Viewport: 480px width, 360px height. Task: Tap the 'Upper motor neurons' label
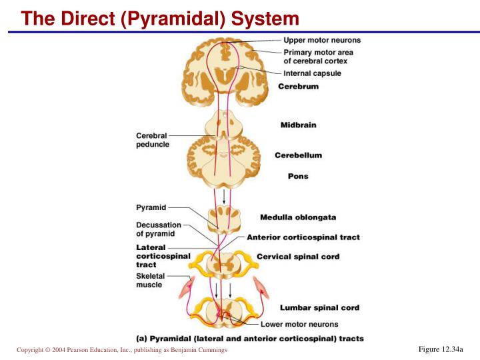click(322, 40)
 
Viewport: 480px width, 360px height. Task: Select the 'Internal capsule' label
click(312, 73)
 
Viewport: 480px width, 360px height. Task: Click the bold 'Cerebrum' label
click(298, 87)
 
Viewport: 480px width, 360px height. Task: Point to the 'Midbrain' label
click(298, 125)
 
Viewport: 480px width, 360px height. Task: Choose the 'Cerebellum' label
click(298, 155)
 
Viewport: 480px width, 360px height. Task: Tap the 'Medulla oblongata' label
click(298, 217)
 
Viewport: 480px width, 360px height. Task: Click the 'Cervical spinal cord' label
click(298, 257)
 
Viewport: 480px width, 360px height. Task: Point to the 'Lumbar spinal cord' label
click(319, 308)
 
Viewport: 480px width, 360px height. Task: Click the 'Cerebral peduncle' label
click(153, 140)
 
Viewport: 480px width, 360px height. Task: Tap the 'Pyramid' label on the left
click(151, 207)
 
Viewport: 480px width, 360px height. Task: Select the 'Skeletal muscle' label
click(149, 280)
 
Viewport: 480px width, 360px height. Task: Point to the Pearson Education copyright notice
click(121, 350)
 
